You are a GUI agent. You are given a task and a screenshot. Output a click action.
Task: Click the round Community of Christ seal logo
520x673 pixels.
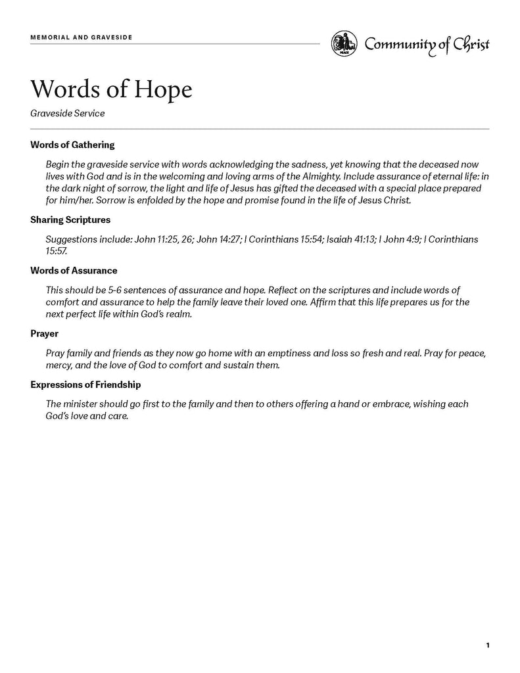[x=344, y=44]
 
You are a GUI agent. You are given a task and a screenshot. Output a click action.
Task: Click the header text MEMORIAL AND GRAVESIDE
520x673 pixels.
[x=82, y=37]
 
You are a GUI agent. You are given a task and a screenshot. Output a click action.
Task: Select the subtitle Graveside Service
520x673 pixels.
[x=67, y=113]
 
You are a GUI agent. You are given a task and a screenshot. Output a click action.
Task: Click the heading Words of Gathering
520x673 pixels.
[x=72, y=145]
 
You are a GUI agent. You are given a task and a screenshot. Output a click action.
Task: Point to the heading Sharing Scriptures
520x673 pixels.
[x=70, y=220]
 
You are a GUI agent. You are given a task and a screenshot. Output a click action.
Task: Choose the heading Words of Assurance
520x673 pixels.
[x=74, y=270]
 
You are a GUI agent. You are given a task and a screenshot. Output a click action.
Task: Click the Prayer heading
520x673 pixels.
[x=44, y=333]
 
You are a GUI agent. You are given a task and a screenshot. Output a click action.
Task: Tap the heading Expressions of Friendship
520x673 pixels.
[x=85, y=384]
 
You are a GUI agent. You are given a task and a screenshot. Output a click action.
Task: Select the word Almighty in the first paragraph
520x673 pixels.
[x=317, y=177]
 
